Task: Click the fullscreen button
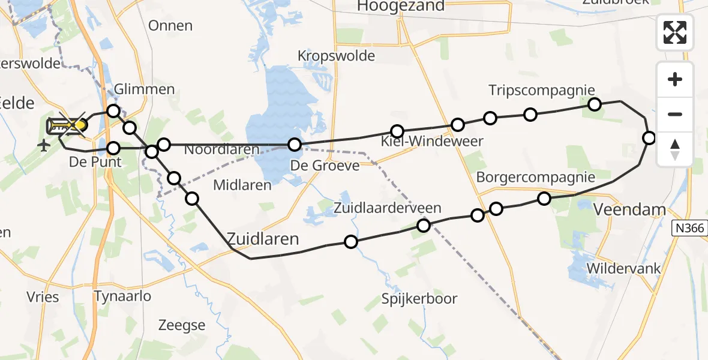pos(675,32)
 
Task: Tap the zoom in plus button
pos(675,79)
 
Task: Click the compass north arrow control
pos(675,149)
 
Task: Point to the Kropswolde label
pos(336,56)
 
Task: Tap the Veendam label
pos(629,209)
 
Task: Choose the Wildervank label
pos(625,268)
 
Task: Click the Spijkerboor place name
pos(420,299)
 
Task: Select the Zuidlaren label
pos(263,239)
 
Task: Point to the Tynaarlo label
pos(122,296)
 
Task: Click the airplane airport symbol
pos(44,145)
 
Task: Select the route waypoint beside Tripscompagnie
pos(594,104)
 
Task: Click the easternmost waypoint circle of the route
pos(649,138)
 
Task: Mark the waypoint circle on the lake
pos(294,145)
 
